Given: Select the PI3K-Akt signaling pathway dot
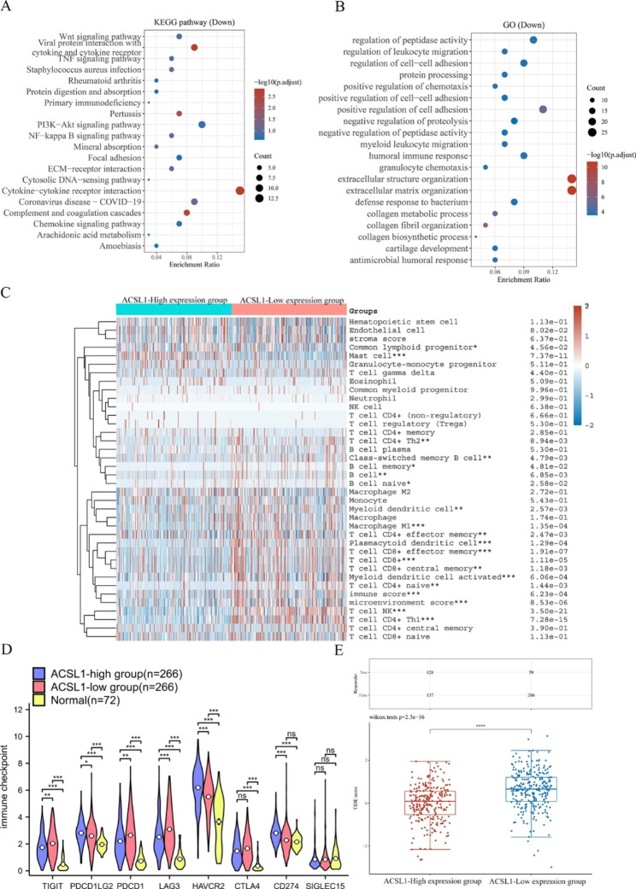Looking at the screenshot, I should pyautogui.click(x=202, y=125).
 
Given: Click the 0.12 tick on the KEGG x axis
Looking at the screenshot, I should pyautogui.click(x=217, y=256).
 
